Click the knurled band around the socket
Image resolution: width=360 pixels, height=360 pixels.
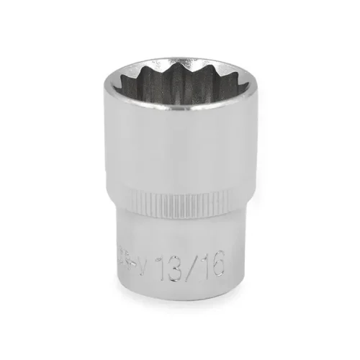(180, 198)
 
